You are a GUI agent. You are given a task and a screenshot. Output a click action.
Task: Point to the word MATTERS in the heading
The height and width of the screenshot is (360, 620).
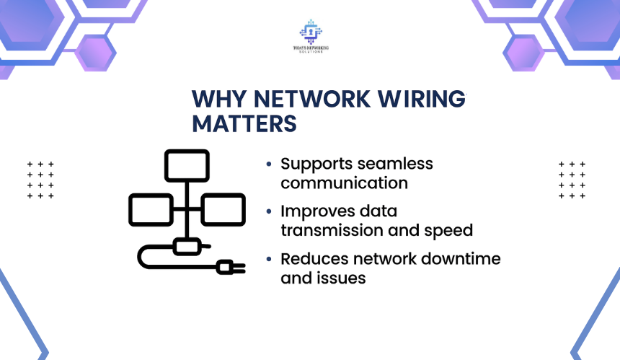pos(244,123)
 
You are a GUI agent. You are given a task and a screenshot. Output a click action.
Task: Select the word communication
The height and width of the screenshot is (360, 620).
pos(344,183)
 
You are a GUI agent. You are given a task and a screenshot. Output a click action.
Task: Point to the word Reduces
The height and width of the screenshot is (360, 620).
pos(310,259)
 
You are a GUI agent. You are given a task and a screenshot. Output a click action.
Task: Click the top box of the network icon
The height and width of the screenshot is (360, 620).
pos(187,165)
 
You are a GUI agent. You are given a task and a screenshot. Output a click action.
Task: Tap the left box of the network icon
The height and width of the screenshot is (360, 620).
pos(151,209)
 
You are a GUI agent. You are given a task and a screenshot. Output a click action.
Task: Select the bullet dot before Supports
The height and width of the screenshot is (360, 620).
pos(269,164)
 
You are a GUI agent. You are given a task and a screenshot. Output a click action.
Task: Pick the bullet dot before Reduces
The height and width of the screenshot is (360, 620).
pos(269,260)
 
